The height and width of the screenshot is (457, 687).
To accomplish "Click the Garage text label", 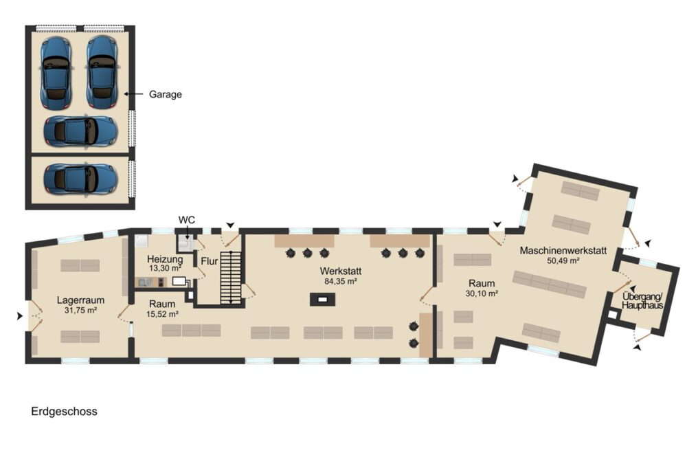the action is pos(165,94).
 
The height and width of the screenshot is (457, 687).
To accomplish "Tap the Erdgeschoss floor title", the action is pos(64,412).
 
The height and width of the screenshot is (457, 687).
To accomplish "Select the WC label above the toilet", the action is pos(187,219).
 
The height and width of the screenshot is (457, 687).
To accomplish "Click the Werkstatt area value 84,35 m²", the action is pos(341,281).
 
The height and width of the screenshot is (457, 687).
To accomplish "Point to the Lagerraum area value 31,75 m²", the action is pos(80,310).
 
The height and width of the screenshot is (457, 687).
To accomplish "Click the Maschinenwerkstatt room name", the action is pos(563,251).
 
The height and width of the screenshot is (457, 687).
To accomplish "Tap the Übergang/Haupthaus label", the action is pos(643,301).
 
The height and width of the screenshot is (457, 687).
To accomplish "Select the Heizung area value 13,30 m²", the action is pos(165,268).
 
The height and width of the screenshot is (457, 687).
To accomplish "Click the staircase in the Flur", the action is pos(230,278).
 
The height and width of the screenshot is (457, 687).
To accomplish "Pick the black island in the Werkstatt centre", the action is pos(323,300).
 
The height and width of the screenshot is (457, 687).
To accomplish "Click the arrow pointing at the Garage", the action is pos(134,93).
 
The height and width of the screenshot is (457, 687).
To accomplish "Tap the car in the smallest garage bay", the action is pos(80,178).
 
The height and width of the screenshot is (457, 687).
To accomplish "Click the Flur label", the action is pos(210,261).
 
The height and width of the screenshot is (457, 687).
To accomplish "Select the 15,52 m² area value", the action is pos(162,314).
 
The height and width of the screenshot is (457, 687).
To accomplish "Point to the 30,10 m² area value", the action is pos(482,293).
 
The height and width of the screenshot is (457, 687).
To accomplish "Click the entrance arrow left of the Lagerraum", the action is pos(19,315).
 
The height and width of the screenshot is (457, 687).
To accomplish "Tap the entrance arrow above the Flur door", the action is pos(230,225).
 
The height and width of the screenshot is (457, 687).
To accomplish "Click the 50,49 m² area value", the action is pos(563,260).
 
